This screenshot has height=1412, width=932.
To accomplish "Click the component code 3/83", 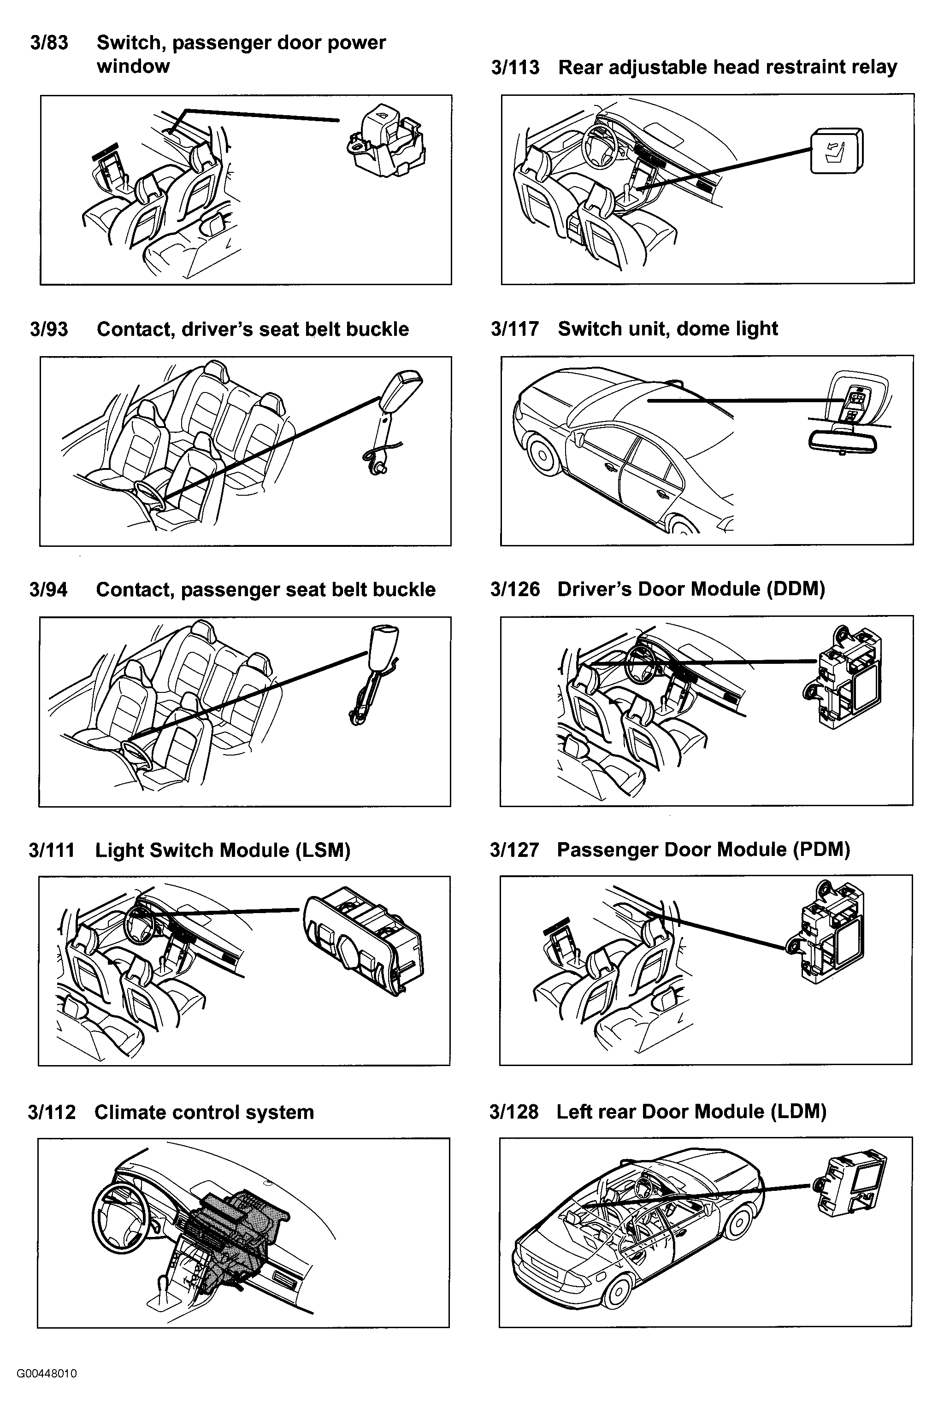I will point(49,43).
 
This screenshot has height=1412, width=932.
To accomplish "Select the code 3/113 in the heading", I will point(515,68).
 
